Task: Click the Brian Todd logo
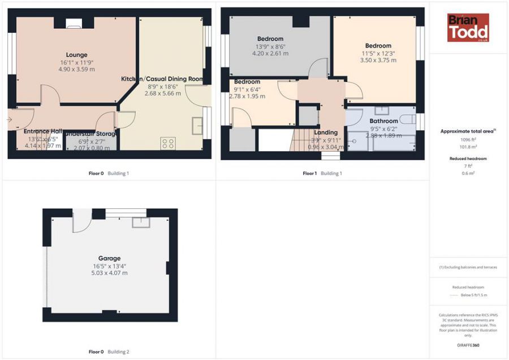(x=468, y=28)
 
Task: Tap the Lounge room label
(x=76, y=55)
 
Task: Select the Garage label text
(x=109, y=258)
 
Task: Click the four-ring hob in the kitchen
(x=168, y=143)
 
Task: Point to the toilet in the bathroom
(x=404, y=119)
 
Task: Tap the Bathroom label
(x=383, y=121)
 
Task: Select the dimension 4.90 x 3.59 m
(x=76, y=69)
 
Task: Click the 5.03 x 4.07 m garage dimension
(x=109, y=273)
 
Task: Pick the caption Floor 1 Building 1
(x=322, y=173)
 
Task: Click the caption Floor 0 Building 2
(x=109, y=352)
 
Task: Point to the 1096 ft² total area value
(x=468, y=139)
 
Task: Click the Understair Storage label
(x=90, y=134)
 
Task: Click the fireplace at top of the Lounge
(x=74, y=23)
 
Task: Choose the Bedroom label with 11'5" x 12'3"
(x=378, y=46)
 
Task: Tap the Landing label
(x=326, y=132)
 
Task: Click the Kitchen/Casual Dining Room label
(x=162, y=79)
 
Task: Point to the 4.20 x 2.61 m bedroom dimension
(x=270, y=53)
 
